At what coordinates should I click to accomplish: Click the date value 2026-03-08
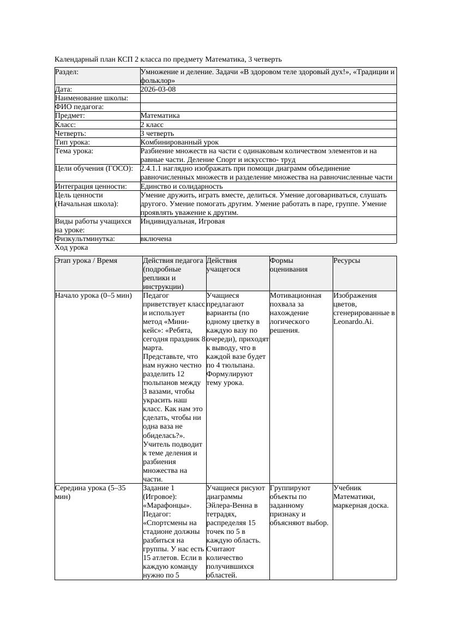(158, 89)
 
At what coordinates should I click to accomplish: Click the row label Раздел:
(67, 72)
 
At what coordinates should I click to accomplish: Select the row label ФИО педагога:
(80, 107)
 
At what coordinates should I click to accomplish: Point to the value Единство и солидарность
(182, 186)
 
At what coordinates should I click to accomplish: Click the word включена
(156, 239)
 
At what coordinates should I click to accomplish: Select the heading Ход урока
(71, 248)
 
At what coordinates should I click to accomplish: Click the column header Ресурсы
(347, 261)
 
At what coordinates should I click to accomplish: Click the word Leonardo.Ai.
(353, 322)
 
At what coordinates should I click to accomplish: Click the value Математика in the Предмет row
(160, 116)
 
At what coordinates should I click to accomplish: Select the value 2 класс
(152, 124)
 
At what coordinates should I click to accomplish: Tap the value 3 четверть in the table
(157, 133)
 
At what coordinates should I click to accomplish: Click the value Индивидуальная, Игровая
(183, 221)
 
